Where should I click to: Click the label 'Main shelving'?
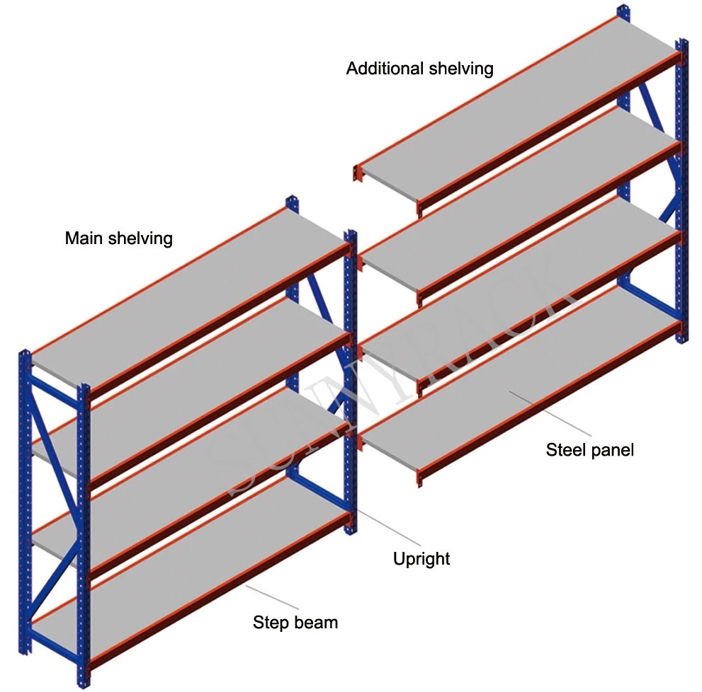pyautogui.click(x=118, y=238)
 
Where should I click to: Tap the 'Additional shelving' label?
pyautogui.click(x=419, y=69)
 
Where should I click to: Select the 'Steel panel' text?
pyautogui.click(x=589, y=449)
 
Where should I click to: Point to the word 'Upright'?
pyautogui.click(x=421, y=559)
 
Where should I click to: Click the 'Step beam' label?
pyautogui.click(x=295, y=623)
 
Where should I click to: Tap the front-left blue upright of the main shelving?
pyautogui.click(x=84, y=531)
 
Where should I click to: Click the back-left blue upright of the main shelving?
pyautogui.click(x=26, y=495)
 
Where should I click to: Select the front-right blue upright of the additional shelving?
pyautogui.click(x=681, y=191)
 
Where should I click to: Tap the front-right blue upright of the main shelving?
pyautogui.click(x=349, y=382)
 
